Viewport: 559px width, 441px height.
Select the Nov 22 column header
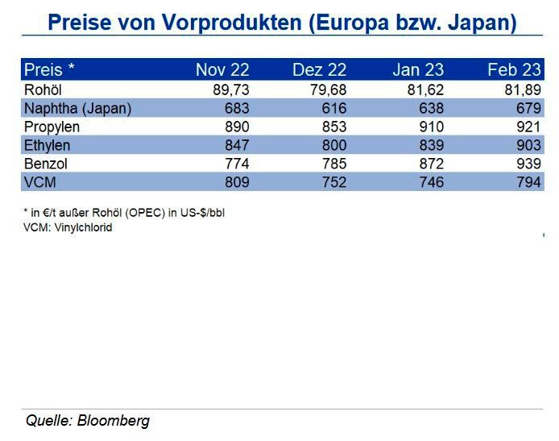222,70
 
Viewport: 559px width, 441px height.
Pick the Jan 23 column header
417,70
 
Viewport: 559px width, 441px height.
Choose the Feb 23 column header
513,70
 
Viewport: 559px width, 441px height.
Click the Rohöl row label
43,89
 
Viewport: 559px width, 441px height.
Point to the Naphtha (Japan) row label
77,108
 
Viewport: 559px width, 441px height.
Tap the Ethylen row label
48,145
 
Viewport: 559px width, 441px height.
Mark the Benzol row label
45,164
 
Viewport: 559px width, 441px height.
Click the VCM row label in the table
39,182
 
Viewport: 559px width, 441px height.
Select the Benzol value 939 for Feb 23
525,164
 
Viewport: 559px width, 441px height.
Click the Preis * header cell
50,70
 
